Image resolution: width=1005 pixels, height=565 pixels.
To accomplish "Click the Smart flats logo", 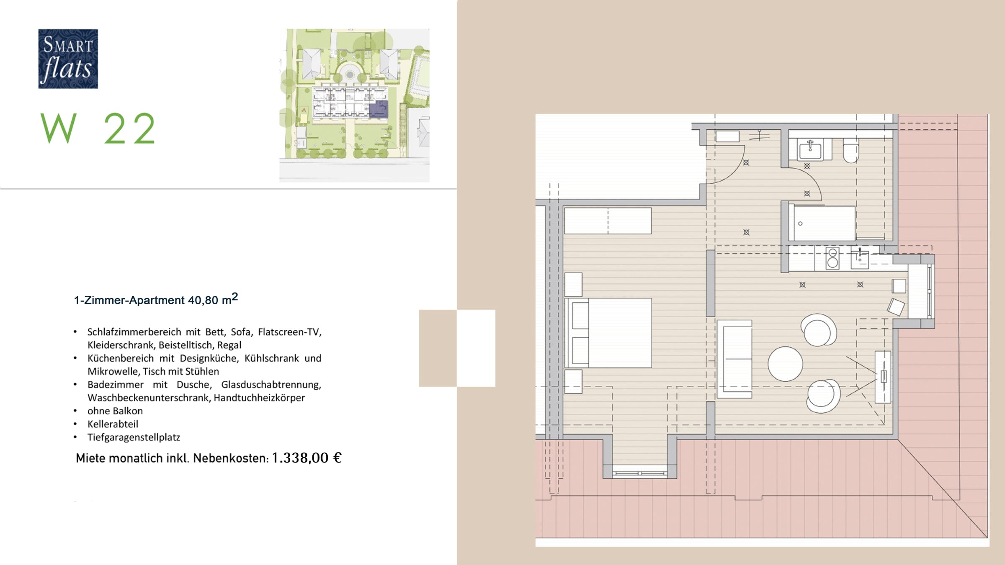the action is point(68,59).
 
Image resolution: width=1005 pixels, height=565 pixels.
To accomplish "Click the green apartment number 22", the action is point(130,128).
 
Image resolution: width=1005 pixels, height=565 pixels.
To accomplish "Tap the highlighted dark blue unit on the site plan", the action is point(379,109).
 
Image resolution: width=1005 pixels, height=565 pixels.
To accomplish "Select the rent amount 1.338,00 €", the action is point(307,458).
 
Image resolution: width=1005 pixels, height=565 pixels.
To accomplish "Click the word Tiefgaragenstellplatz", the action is point(134,437).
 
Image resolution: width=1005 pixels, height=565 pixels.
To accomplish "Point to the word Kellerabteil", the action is point(113,424).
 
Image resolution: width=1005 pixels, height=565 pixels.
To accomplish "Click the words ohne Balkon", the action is point(115,411).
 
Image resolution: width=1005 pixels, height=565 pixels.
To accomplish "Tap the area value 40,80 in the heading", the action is point(203,300).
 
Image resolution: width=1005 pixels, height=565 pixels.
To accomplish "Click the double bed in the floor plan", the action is point(608,333).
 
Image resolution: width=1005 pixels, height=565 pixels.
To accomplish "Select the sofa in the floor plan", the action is point(734,359).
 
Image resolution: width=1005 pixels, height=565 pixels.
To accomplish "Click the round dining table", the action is point(785,364).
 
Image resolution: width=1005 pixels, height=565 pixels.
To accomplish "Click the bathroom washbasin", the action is point(810,149).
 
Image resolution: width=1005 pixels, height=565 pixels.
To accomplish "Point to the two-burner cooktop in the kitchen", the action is point(832,258).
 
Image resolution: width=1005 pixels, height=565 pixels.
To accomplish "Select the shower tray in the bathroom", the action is point(822,223).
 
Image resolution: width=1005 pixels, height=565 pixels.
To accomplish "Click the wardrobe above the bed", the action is point(608,221).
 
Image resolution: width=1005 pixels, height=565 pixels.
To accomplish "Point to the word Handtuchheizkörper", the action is point(259,398).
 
